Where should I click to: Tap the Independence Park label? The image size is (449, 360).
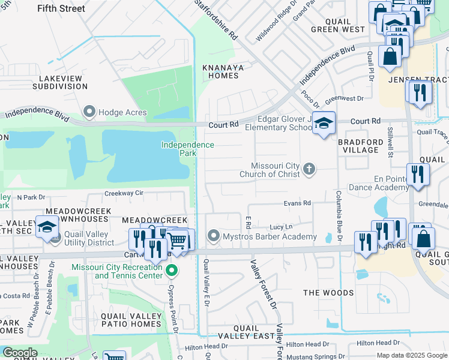(187, 149)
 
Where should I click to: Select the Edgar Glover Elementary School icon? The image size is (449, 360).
(324, 123)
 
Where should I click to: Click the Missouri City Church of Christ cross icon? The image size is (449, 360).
(309, 169)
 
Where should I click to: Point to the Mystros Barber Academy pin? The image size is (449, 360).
(213, 236)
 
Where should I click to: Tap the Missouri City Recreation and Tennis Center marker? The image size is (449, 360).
(172, 271)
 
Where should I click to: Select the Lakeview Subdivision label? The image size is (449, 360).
(63, 82)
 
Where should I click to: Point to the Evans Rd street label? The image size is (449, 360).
(297, 203)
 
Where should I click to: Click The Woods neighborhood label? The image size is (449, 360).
(328, 293)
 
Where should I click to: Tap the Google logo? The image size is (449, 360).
(20, 353)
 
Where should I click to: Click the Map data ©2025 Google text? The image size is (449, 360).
(412, 355)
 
